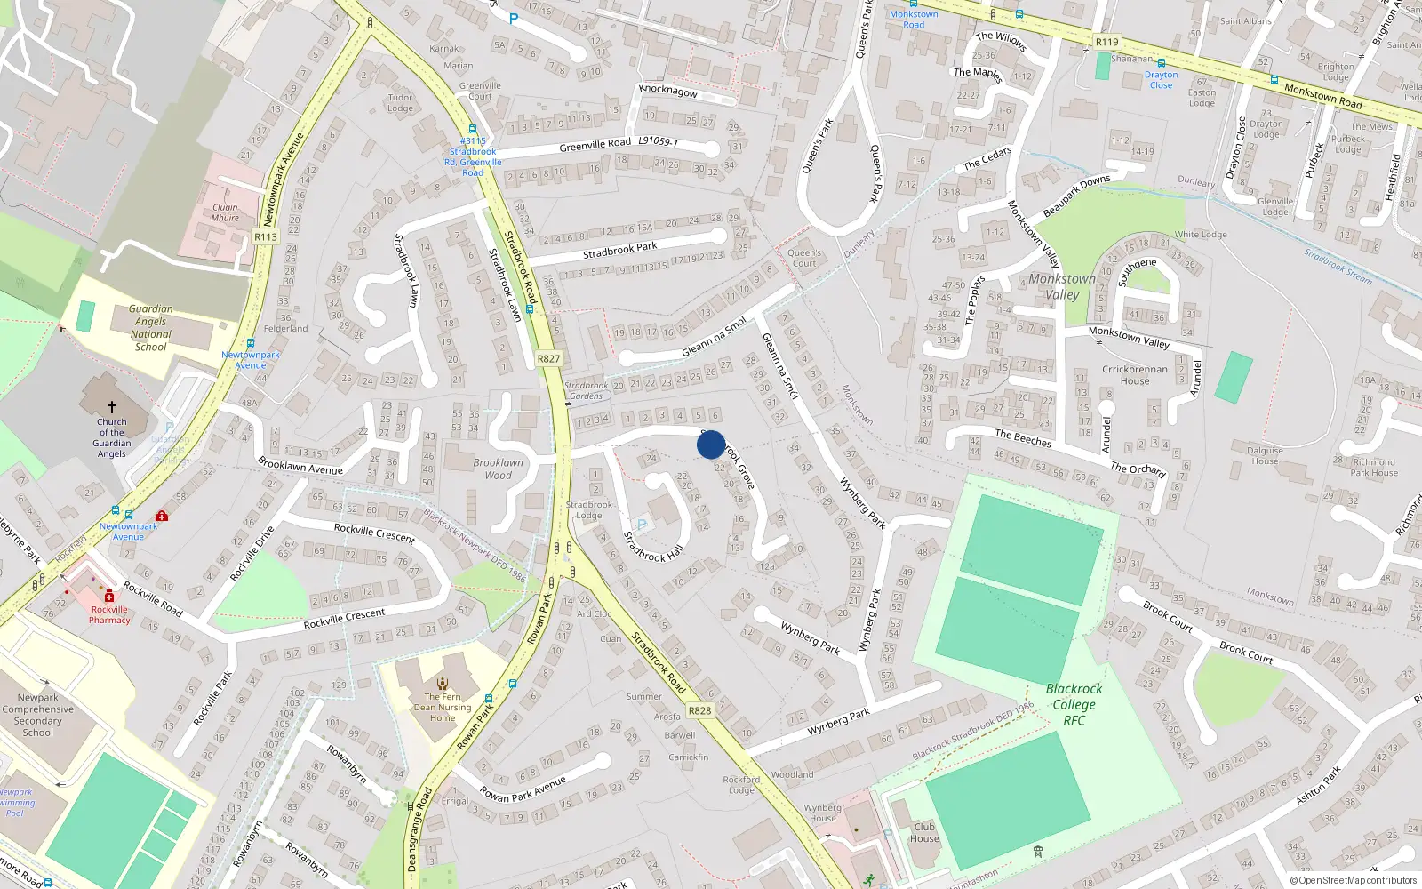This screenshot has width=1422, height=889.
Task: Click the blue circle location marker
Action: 711,444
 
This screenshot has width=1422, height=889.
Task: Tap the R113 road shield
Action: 266,236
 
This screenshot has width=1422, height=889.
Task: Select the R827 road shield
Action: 548,359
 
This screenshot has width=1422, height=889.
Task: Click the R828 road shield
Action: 699,710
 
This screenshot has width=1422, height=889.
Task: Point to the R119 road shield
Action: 1107,42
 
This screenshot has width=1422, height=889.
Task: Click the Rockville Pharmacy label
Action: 109,614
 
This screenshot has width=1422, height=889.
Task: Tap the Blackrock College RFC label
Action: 1074,704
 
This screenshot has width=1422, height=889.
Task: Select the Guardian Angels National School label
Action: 151,328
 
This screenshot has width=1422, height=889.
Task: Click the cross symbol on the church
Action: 112,407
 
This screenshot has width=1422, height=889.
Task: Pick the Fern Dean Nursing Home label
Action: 443,707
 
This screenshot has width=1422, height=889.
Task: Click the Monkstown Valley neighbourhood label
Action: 1062,286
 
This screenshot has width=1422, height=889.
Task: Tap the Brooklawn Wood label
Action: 498,469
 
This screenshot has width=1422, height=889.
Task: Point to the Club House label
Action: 924,832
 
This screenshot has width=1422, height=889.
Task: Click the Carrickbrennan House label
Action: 1135,374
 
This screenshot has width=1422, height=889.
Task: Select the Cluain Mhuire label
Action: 225,212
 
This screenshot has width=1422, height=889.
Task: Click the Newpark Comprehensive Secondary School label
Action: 38,715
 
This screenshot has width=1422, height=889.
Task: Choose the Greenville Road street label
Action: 595,144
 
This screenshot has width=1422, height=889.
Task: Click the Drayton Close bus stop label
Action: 1161,79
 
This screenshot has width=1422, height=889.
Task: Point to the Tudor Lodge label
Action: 400,103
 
